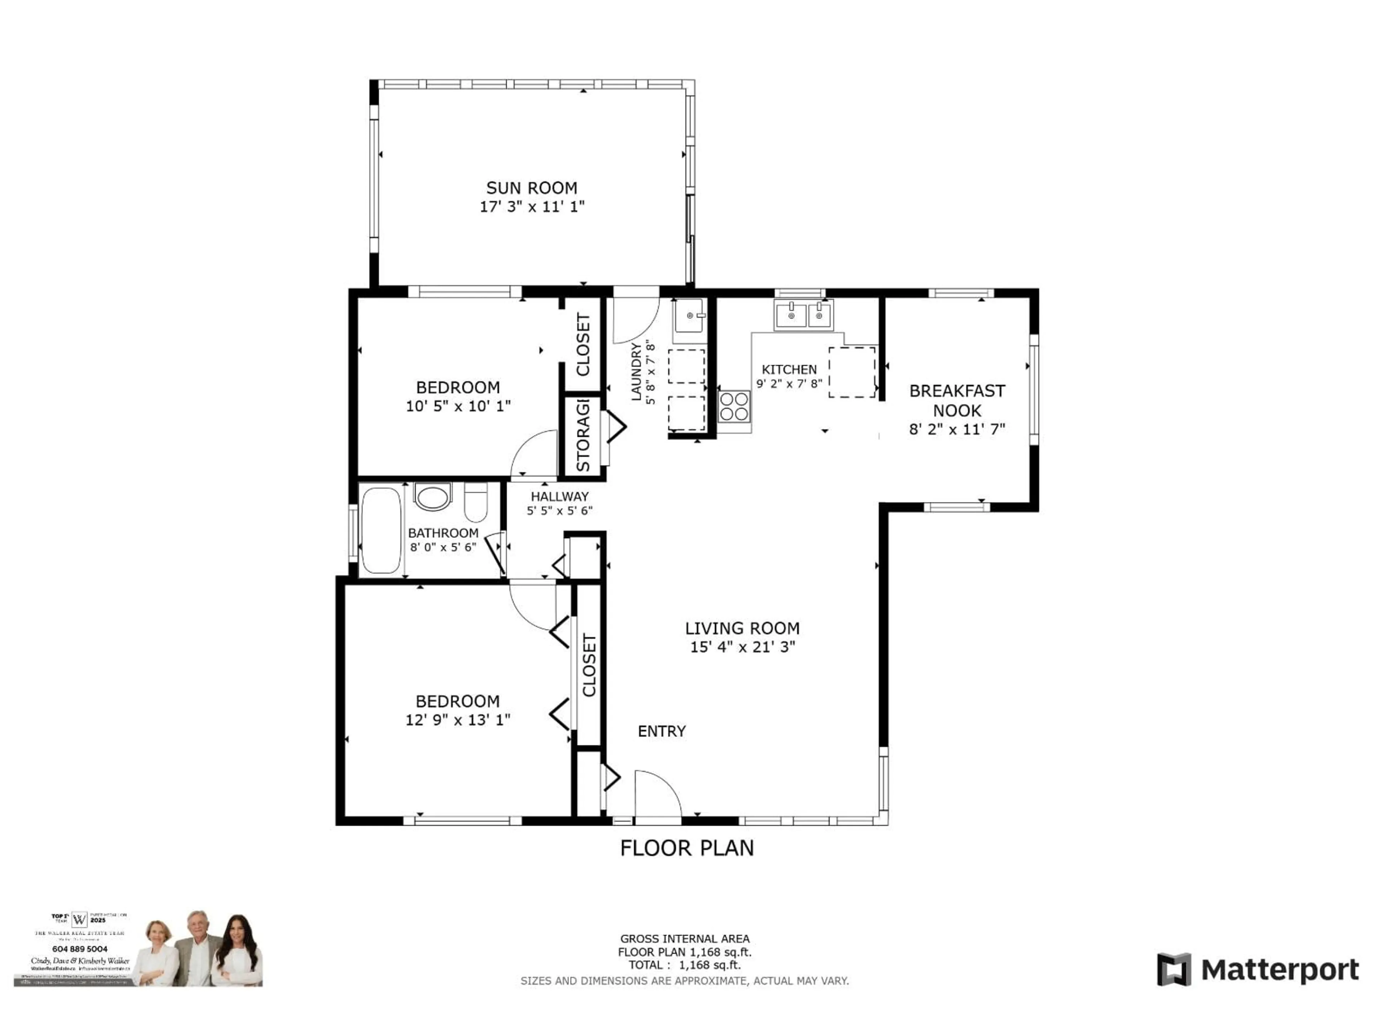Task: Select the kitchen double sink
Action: coord(803,315)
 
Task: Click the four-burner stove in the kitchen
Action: coord(734,407)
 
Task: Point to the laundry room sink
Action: coord(690,316)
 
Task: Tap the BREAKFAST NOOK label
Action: coord(956,401)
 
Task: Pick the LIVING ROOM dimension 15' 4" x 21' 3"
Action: coord(742,647)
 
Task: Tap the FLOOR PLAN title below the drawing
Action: coord(686,848)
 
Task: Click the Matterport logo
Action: coord(1257,969)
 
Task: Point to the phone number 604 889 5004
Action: coord(79,949)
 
